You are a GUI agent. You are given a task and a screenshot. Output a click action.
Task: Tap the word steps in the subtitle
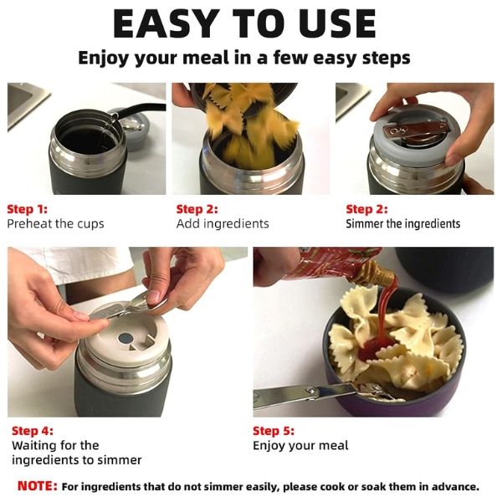387,59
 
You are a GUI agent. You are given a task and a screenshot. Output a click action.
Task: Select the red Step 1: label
28,209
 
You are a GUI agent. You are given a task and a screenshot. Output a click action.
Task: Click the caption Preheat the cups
55,223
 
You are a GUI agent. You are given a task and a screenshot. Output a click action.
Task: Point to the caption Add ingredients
223,223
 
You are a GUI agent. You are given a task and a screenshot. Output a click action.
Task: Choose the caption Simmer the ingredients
402,223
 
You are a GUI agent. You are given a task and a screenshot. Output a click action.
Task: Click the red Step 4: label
33,431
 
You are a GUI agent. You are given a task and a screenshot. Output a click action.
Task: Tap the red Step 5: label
274,431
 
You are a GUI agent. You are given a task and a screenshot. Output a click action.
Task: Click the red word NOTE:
38,486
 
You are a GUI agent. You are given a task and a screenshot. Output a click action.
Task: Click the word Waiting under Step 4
35,445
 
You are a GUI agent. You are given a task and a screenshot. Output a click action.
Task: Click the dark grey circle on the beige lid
125,337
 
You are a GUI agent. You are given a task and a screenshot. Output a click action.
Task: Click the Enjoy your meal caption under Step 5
300,446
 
